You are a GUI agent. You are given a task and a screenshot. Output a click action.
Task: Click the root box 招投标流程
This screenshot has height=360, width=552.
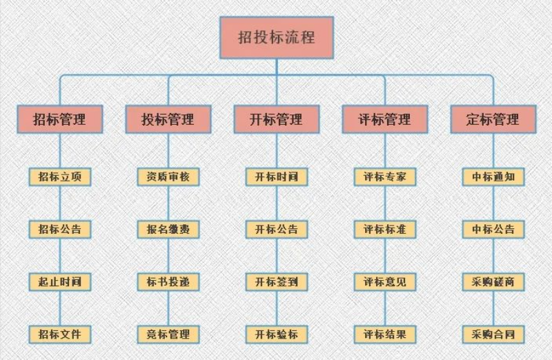[x=277, y=37]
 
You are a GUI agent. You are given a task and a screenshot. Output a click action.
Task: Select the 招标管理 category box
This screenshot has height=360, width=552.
[x=60, y=119]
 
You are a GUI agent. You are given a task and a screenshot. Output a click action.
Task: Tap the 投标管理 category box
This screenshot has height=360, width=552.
[x=168, y=119]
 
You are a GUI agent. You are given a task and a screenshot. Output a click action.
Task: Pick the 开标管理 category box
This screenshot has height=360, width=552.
[x=277, y=119]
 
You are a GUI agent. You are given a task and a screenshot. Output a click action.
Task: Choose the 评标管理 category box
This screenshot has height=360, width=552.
[x=385, y=119]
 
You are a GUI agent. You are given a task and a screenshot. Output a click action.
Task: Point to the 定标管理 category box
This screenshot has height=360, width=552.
[x=493, y=119]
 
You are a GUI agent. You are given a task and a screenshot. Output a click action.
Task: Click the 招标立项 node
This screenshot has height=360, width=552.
[x=60, y=177]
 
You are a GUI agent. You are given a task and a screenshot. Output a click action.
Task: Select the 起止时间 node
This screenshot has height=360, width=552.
[x=60, y=282]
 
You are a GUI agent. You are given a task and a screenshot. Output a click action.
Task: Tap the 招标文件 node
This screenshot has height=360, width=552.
[x=60, y=334]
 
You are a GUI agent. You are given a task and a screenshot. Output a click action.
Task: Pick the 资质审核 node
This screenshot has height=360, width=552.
[x=168, y=177]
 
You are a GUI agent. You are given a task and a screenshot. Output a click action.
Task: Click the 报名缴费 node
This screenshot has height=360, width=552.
[x=168, y=230]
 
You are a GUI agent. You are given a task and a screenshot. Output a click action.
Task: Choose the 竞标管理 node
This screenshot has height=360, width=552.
[x=168, y=334]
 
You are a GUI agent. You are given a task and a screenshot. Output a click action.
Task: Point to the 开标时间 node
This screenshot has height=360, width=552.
[x=277, y=177]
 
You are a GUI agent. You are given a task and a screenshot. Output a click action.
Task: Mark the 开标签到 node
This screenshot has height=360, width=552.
[x=277, y=282]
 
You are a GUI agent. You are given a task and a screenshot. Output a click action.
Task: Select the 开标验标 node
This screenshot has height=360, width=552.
[x=277, y=334]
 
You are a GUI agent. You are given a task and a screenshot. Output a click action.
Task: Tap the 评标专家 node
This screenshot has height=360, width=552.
[x=385, y=177]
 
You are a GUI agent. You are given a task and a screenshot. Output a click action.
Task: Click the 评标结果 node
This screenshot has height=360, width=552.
[x=385, y=334]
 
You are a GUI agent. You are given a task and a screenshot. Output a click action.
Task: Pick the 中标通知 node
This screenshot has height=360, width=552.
[x=493, y=177]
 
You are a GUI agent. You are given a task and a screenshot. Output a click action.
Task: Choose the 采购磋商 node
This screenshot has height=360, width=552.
[x=493, y=282]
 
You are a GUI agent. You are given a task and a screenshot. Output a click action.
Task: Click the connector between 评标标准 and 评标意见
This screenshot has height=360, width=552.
[x=385, y=256]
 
